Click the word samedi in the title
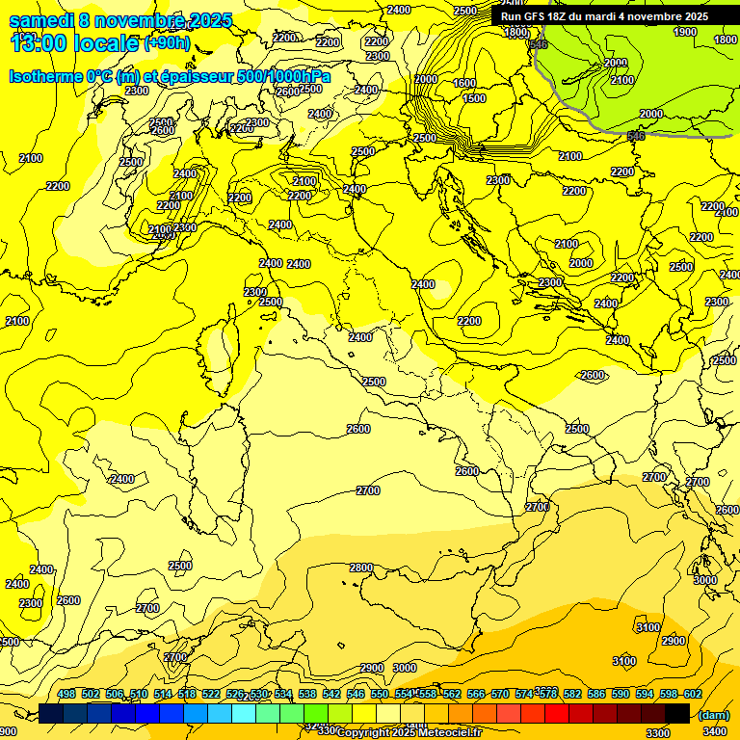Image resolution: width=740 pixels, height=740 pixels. click(x=41, y=20)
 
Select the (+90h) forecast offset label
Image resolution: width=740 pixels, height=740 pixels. click(x=167, y=43)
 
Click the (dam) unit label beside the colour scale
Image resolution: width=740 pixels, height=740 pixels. click(x=713, y=714)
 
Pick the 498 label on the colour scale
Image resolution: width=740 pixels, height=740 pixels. click(x=66, y=694)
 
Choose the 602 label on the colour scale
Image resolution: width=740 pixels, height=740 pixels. click(x=692, y=694)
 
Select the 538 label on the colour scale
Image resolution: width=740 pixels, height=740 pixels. click(x=307, y=694)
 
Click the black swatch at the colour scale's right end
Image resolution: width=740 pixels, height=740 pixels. click(x=677, y=713)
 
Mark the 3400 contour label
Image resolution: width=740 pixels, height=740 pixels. click(x=715, y=731)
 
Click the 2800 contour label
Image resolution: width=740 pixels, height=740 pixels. click(x=361, y=568)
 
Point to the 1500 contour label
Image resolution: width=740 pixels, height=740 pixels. click(x=473, y=98)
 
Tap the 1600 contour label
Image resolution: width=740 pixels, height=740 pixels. click(x=464, y=84)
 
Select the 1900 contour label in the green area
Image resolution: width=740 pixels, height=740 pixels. click(x=684, y=32)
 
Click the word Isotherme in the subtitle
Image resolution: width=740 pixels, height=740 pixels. click(x=45, y=76)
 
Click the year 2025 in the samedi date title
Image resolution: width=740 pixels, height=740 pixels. click(x=210, y=20)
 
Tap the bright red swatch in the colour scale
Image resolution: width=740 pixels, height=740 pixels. click(x=557, y=713)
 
